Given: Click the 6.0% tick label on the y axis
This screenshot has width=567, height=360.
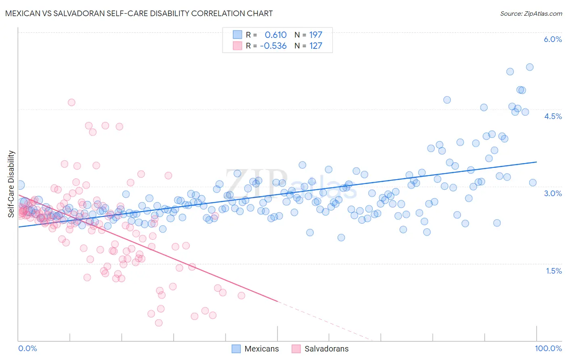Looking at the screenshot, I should click(552, 39).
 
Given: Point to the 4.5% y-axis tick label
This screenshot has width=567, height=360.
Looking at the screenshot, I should click(552, 116).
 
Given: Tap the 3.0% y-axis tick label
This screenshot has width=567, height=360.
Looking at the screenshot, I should click(552, 193).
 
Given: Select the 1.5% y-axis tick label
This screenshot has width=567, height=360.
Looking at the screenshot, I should click(554, 271).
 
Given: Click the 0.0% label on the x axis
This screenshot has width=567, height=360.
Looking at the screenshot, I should click(27, 348).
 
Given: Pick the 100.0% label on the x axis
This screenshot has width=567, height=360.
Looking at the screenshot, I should click(548, 348).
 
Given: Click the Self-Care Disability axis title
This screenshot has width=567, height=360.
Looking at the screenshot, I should click(11, 184).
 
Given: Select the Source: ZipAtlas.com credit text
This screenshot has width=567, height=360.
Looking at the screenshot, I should click(531, 13).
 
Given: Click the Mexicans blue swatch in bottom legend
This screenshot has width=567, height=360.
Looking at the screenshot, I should click(236, 349).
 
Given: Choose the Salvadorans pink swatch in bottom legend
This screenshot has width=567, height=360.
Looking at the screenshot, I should click(296, 349).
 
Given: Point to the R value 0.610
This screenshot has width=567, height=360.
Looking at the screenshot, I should click(275, 35).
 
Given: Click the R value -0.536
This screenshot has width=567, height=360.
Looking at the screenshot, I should click(273, 46).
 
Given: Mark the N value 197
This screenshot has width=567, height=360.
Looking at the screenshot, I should click(315, 35).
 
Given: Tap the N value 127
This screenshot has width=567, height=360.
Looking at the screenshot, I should click(315, 46).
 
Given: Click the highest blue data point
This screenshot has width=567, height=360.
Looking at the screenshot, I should click(529, 67).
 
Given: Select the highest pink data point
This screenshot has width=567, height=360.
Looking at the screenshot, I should click(71, 103).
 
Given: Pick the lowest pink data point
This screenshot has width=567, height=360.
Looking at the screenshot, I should click(159, 323).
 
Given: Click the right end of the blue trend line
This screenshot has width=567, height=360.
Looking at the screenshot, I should click(536, 162).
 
